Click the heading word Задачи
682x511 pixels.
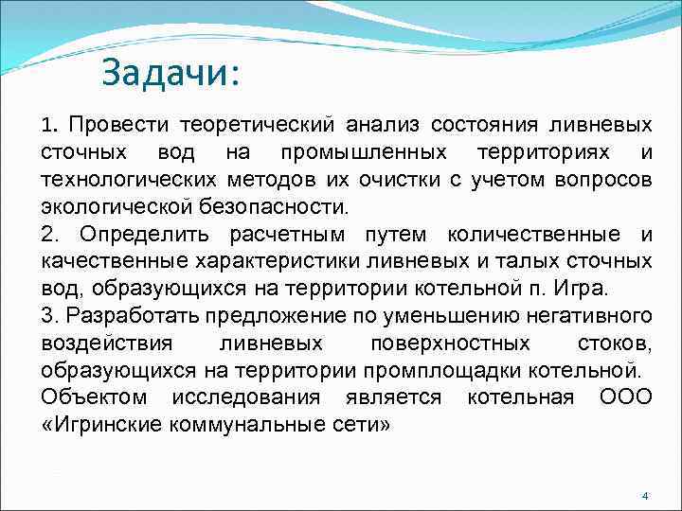170,72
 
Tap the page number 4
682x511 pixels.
644,497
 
